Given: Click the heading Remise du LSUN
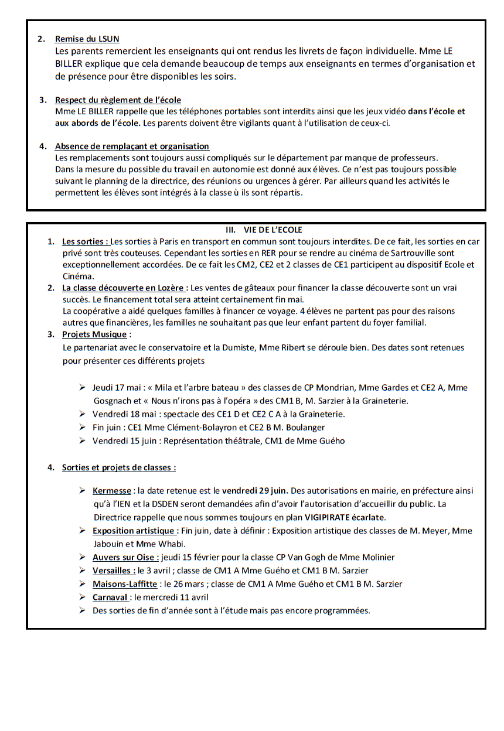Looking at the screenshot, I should pos(87,39).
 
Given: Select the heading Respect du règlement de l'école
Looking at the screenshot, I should pos(118,100).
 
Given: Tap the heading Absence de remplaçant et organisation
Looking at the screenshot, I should pos(132,146).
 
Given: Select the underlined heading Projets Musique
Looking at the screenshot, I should pos(94,334).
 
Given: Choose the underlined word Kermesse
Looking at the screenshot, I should pos(111,491).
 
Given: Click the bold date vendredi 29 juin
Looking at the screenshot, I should pos(256,491).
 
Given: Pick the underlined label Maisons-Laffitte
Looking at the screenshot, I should pos(125,584).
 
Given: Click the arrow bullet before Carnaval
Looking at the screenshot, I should pos(83,597).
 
